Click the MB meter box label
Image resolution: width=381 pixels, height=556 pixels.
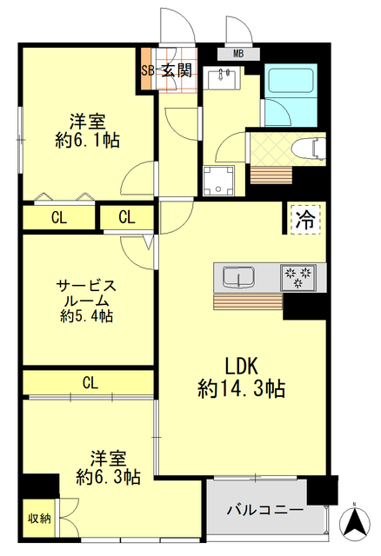[237, 54]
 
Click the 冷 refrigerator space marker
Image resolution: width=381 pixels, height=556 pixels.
[304, 218]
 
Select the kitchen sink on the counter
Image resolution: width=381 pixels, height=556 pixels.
[237, 278]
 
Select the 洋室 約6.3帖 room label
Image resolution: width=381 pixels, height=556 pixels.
[108, 467]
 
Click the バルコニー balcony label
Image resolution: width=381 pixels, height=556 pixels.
[264, 509]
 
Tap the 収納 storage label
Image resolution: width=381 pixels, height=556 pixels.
[37, 519]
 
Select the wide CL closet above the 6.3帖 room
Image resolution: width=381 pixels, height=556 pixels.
[90, 381]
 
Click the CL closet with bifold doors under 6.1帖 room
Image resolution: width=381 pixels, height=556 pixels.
[58, 217]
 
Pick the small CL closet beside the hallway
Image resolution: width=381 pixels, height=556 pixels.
[126, 217]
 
